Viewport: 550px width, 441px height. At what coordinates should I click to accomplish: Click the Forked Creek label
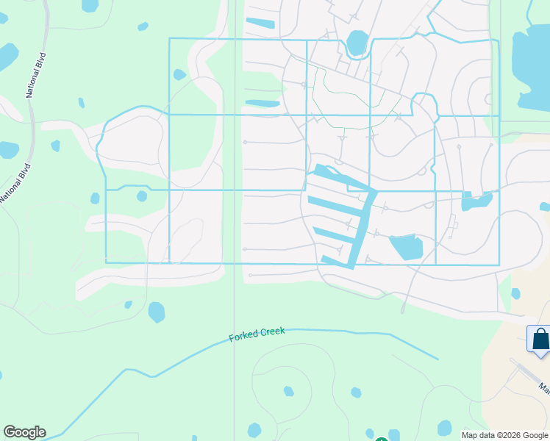click(257, 334)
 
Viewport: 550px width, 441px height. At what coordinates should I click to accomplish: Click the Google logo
click(24, 432)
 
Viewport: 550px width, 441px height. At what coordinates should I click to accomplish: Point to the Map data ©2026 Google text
click(505, 435)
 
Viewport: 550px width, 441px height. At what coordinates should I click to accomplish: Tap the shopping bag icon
click(540, 340)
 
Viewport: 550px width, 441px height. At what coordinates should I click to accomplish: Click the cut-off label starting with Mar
click(543, 387)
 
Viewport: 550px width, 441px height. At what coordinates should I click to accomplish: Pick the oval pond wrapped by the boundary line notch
click(357, 43)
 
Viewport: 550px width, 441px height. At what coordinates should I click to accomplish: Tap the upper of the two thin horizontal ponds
click(260, 24)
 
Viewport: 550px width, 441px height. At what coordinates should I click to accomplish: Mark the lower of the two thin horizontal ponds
click(262, 104)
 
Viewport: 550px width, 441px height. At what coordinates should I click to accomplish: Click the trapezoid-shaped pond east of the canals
click(406, 248)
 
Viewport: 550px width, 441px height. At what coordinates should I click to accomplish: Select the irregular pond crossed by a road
click(476, 201)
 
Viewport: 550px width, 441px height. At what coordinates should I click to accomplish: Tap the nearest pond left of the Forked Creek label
click(157, 312)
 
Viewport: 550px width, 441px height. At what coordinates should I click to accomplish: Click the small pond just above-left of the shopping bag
click(515, 294)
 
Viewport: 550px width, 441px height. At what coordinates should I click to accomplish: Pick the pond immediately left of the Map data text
click(445, 428)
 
